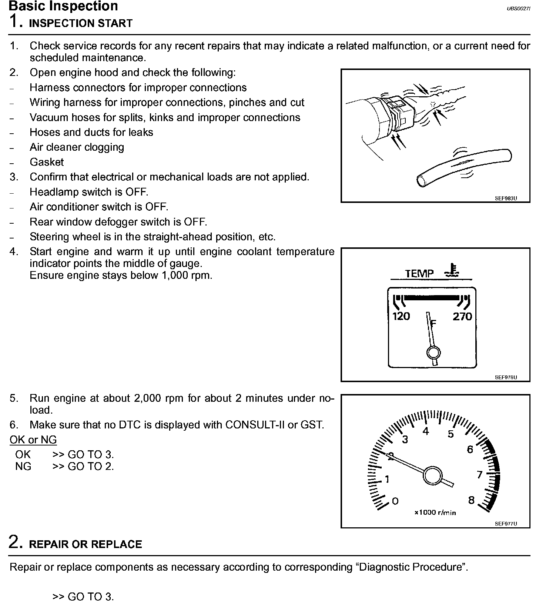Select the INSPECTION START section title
(80, 23)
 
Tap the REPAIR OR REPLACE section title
(85, 544)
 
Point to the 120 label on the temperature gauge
(401, 316)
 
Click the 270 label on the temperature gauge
(462, 316)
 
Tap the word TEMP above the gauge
(419, 274)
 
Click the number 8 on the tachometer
(471, 500)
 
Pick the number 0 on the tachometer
(395, 501)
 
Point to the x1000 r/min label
(435, 513)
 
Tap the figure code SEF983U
(506, 198)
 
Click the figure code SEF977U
(506, 524)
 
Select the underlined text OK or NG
(33, 440)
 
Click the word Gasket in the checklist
(47, 162)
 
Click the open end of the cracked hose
(421, 181)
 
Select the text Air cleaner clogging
(77, 147)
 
